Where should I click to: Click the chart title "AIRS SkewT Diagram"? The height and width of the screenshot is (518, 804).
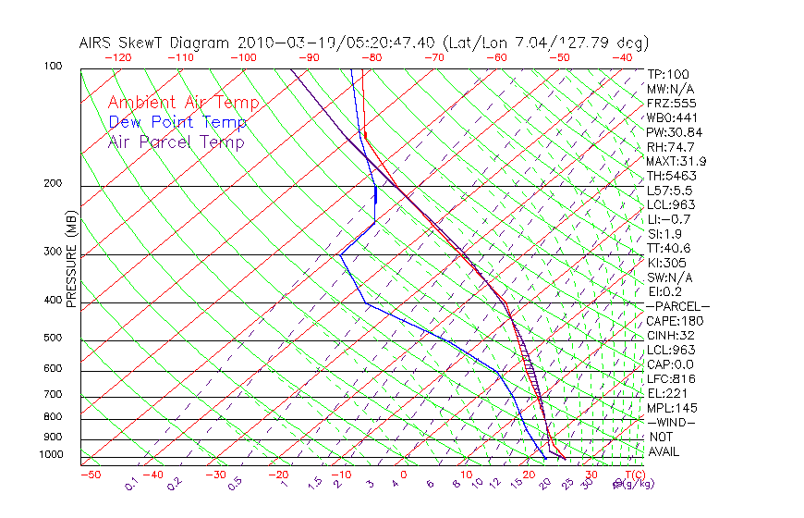(156, 43)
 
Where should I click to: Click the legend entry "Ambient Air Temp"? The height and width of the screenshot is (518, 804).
(183, 104)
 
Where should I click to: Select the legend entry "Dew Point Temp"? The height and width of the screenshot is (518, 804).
(177, 123)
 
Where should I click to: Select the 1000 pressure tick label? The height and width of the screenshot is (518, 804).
(52, 455)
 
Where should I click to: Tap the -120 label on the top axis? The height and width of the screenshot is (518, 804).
(117, 57)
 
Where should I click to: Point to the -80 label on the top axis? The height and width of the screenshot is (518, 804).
(371, 57)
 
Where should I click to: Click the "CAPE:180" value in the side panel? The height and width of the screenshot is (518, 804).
(675, 321)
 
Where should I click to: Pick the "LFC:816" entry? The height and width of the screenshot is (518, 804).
(671, 379)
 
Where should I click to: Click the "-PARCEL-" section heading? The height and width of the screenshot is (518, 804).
(677, 306)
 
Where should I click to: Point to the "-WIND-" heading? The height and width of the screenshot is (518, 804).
(671, 423)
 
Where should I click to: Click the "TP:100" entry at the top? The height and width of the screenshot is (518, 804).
(668, 75)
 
